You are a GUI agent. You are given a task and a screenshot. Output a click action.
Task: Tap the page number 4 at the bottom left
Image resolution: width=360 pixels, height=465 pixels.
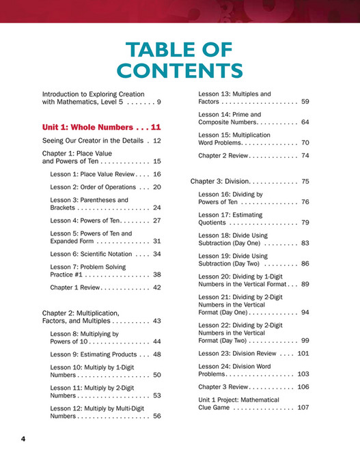(x=23, y=438)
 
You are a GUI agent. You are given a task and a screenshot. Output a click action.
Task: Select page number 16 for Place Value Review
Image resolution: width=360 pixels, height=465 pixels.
(x=156, y=174)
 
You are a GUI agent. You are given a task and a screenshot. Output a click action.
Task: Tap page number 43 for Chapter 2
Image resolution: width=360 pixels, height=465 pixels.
(x=156, y=320)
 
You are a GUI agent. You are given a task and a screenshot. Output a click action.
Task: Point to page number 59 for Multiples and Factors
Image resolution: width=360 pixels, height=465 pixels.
(x=305, y=102)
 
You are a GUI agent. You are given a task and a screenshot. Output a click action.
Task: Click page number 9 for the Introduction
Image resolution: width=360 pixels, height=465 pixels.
(x=158, y=102)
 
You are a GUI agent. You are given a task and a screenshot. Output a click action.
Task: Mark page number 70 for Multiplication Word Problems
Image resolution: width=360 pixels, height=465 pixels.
(x=305, y=143)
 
